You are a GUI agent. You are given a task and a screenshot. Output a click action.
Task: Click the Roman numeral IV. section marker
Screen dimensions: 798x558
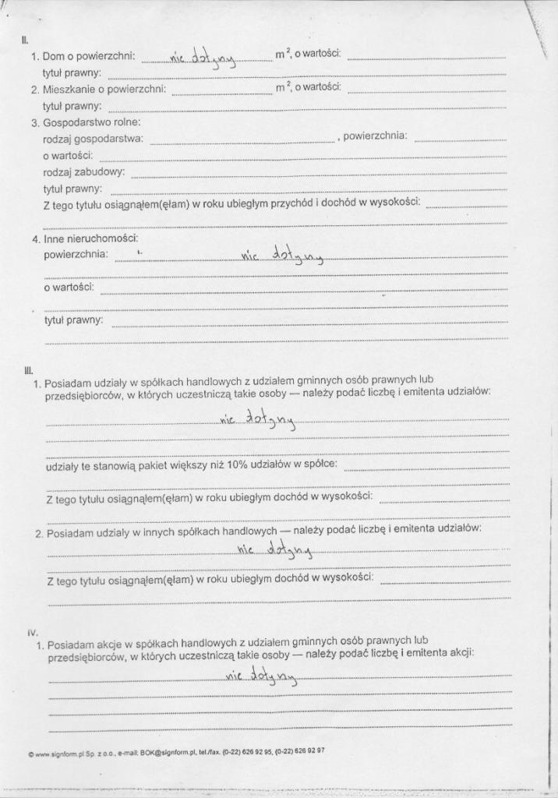pyautogui.click(x=32, y=633)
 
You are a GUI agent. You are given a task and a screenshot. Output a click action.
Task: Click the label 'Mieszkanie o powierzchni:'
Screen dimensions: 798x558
pyautogui.click(x=104, y=89)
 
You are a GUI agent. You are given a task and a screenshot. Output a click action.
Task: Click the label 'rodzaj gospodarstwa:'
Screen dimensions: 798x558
pyautogui.click(x=93, y=139)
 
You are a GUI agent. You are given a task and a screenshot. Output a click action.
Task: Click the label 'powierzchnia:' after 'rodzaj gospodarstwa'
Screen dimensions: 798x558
pyautogui.click(x=375, y=136)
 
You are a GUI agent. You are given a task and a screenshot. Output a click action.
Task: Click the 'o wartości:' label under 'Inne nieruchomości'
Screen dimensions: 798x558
pyautogui.click(x=69, y=287)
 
